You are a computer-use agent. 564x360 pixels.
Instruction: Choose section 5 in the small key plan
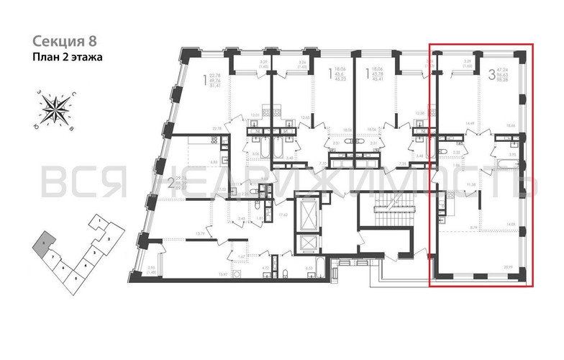pos(76,276)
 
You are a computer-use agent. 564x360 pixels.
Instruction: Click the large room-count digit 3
pos(491,73)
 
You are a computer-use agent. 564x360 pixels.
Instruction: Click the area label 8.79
pos(463,228)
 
